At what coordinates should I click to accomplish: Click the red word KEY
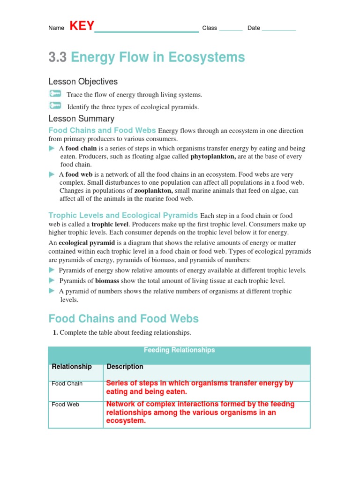tap(82, 26)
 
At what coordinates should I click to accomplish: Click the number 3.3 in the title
tap(58, 58)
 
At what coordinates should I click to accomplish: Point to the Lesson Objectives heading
tap(83, 82)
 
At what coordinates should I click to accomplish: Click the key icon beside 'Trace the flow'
tap(55, 94)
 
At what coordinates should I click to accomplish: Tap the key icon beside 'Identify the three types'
tap(55, 106)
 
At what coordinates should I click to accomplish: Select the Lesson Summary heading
tap(81, 119)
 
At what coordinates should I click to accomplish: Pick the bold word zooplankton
tap(154, 191)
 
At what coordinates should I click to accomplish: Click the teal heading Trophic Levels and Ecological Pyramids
tap(123, 216)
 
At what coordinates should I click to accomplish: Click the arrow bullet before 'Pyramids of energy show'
tap(52, 270)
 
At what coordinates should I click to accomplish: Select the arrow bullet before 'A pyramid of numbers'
tap(52, 291)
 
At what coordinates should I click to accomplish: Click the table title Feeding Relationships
tap(179, 350)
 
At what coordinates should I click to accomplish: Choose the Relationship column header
tap(72, 367)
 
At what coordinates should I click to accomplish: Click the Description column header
tap(125, 367)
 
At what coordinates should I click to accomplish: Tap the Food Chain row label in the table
tap(67, 384)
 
